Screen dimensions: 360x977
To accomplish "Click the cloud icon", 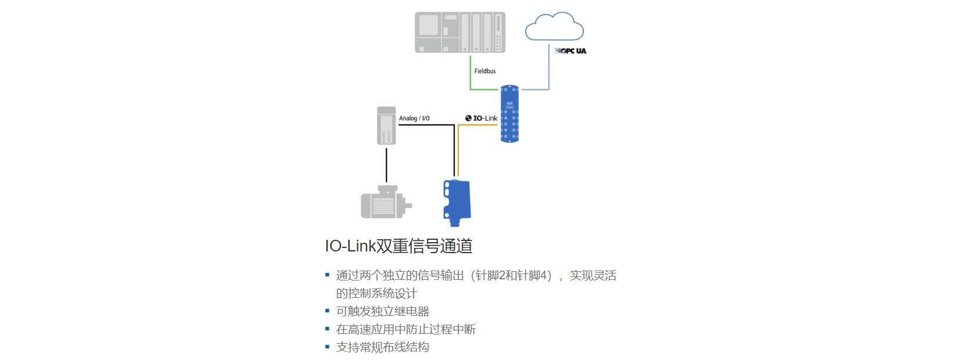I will (554, 27).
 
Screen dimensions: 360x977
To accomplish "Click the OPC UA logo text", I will (571, 51).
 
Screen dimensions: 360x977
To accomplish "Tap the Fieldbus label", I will (485, 71).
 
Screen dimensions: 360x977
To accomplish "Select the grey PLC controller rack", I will (459, 33).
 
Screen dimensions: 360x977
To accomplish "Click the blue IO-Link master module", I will (509, 114).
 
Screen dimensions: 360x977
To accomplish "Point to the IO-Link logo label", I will (482, 118).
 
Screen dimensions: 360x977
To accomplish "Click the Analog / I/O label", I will (414, 118).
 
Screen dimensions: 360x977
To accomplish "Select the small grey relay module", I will (386, 125).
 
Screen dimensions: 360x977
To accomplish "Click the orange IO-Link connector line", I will (459, 151).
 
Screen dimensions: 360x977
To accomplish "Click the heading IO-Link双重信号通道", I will (398, 246).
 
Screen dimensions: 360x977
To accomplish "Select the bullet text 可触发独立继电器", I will (383, 311).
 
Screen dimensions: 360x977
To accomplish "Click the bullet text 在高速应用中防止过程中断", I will (406, 329).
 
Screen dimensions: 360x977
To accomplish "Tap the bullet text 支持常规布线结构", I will (383, 347).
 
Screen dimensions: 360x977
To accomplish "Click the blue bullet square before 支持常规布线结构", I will (327, 347).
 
